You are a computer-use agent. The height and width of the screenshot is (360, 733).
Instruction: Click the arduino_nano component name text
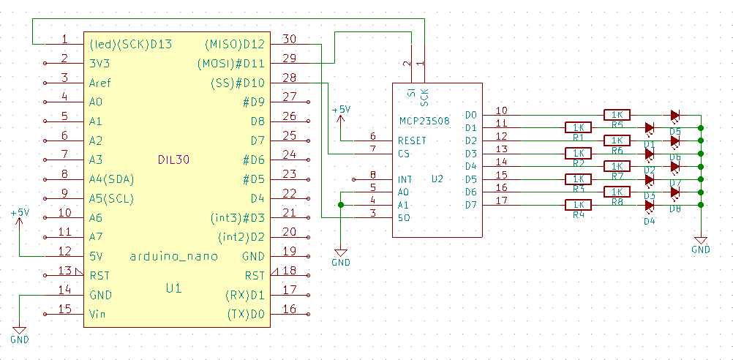coord(173,257)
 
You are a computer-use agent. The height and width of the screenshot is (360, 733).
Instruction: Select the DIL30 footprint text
coord(173,160)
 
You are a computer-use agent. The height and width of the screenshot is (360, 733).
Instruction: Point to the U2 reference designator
coord(437,179)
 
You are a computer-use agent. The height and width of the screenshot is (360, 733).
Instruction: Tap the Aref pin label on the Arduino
coord(101,83)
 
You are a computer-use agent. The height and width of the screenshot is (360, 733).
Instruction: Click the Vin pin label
coord(97,314)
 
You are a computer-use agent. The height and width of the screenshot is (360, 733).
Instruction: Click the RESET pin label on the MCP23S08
coord(413,140)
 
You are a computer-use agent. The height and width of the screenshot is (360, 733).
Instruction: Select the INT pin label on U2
coord(405,179)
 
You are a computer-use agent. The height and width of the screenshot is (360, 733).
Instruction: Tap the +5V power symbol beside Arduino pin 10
coord(20,214)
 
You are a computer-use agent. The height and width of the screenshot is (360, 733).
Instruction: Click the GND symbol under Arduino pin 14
coord(20,333)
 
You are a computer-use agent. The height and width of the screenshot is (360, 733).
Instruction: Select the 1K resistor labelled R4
coord(578,206)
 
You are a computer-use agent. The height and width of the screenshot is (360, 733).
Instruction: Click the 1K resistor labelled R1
coord(578,128)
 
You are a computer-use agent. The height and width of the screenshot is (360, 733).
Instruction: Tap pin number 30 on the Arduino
coord(289,39)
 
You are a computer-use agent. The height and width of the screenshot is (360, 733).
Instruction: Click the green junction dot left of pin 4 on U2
coord(341,205)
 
